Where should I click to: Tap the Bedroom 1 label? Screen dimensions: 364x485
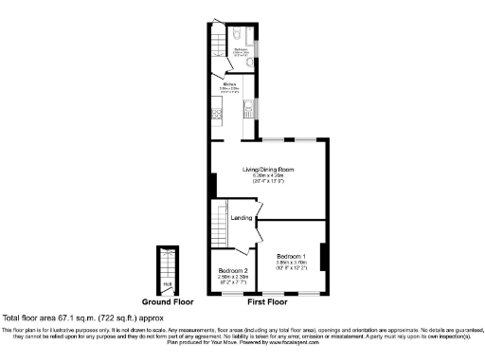(x=291, y=256)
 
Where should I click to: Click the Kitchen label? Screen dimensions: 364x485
(x=230, y=84)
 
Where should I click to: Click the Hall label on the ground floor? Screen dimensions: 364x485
(x=167, y=282)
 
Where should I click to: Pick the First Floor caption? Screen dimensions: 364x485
(x=268, y=302)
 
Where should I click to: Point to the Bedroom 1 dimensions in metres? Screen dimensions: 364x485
(x=291, y=263)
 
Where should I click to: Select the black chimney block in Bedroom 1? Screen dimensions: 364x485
(x=324, y=255)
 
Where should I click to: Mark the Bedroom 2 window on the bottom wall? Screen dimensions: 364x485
(x=230, y=294)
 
